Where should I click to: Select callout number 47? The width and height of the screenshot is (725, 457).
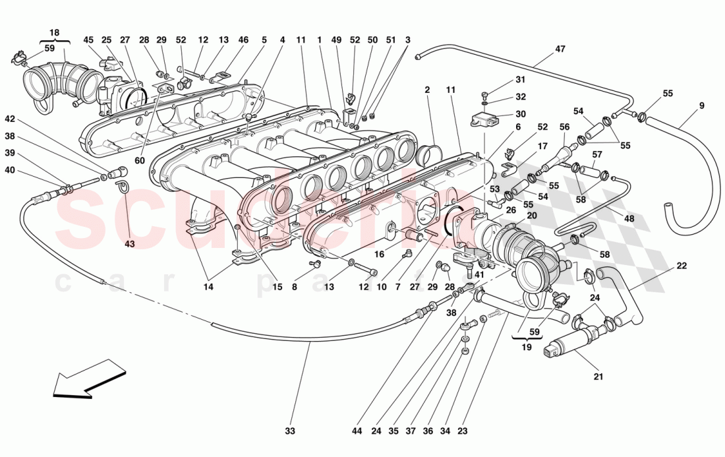(x=560, y=49)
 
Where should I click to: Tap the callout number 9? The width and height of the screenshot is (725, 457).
(x=701, y=105)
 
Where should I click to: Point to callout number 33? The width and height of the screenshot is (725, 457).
(x=290, y=431)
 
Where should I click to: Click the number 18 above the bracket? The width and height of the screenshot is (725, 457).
(x=54, y=32)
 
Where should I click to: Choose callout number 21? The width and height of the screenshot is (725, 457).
(x=598, y=377)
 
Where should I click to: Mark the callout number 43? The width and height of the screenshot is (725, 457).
(x=129, y=244)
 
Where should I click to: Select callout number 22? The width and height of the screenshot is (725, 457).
(x=681, y=266)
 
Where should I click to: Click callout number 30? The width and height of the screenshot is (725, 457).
(x=521, y=113)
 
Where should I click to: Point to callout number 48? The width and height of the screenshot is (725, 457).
(x=629, y=218)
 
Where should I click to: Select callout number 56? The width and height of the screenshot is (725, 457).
(x=564, y=127)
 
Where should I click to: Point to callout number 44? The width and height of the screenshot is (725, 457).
(x=357, y=431)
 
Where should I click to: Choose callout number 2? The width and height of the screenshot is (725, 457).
(x=427, y=90)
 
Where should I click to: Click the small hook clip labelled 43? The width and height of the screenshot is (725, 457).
(x=123, y=188)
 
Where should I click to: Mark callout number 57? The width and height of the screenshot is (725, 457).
(x=596, y=155)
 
